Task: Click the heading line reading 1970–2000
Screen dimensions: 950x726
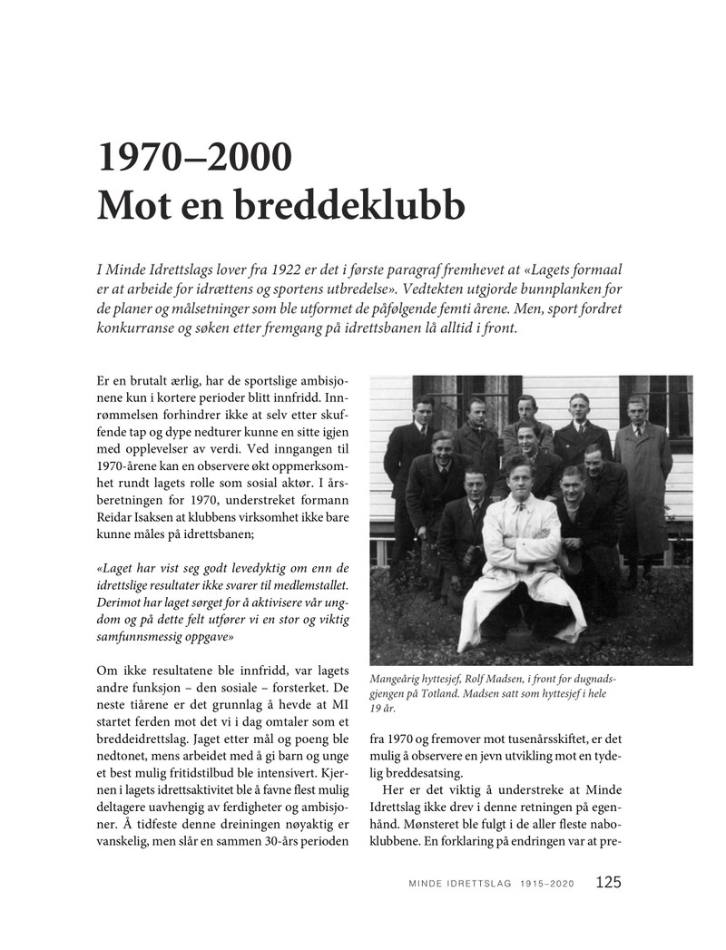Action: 195,159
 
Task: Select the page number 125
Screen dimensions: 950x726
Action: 609,882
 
